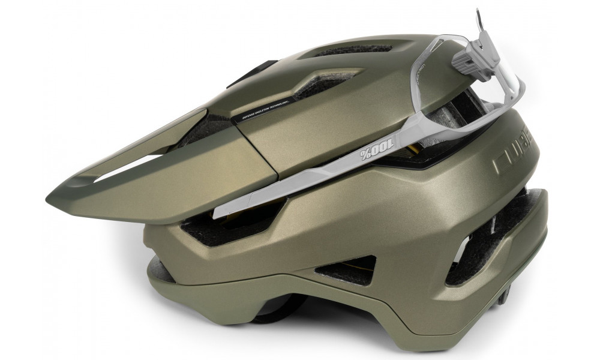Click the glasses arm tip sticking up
[x=481, y=18]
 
